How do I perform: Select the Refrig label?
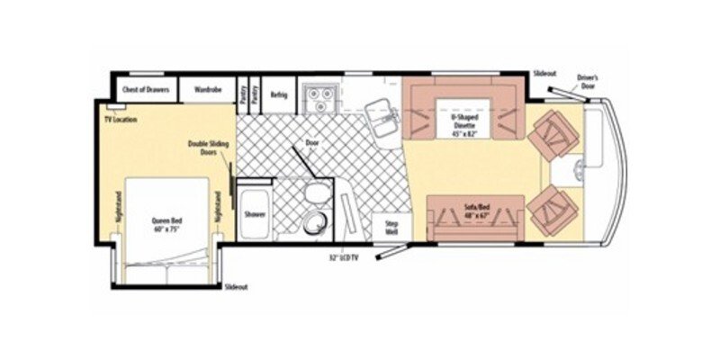(x=278, y=94)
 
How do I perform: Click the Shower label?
(x=255, y=215)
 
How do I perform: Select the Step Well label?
(x=391, y=225)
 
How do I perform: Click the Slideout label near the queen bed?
(x=235, y=287)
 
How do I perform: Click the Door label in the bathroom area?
(x=312, y=142)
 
